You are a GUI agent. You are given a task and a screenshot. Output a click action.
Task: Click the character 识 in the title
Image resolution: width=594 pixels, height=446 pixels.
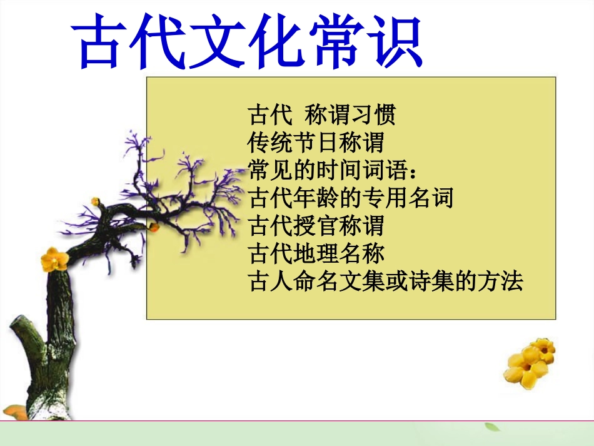click(x=392, y=41)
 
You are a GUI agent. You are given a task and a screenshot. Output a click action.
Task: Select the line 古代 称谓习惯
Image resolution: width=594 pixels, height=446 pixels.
click(x=322, y=116)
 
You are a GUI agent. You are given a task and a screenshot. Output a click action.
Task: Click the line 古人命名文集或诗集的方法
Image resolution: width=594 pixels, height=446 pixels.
click(x=385, y=281)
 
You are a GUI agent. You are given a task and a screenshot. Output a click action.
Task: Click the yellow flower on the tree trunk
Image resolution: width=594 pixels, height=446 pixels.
click(x=54, y=258)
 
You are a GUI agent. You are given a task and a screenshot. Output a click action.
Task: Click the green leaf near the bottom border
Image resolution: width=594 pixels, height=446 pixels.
click(x=493, y=427)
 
